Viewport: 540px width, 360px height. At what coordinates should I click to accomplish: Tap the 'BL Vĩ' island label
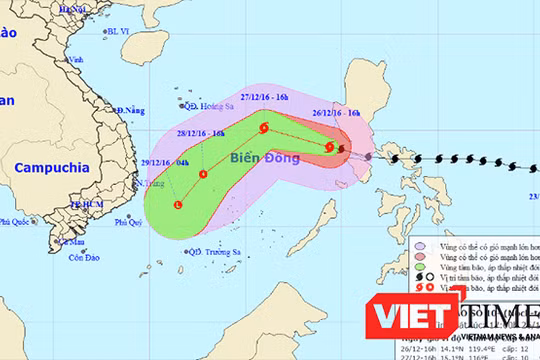(120, 31)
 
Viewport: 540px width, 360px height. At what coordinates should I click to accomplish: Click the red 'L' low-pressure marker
(178, 205)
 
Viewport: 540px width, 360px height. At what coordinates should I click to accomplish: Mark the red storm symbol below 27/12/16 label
(263, 128)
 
